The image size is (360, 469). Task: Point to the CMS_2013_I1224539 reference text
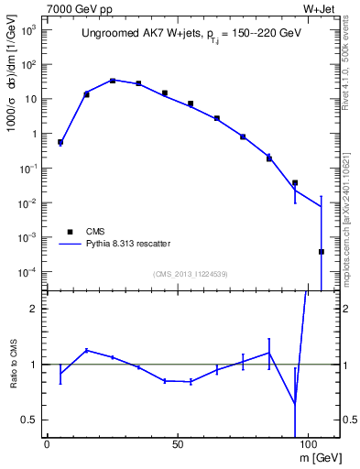coord(191,272)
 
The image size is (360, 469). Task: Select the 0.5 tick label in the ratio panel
coord(33,420)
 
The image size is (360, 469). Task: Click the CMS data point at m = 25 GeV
coord(113,81)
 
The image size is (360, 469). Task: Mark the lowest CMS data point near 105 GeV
coord(322,252)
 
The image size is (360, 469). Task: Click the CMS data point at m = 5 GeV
coord(60,142)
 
